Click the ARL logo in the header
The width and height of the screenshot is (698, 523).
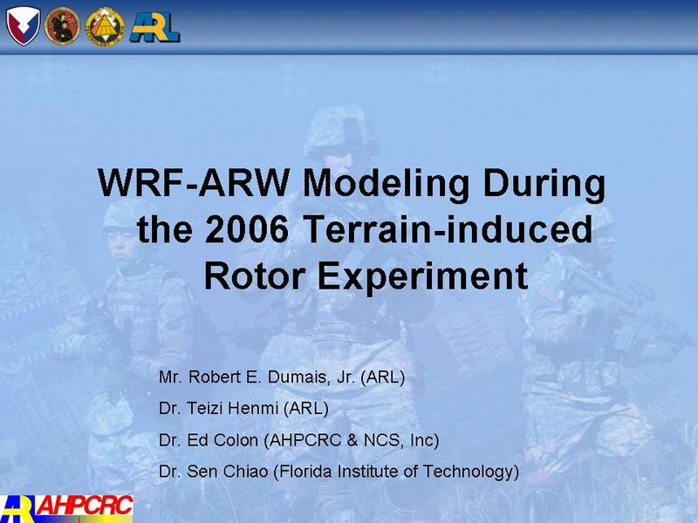click(154, 27)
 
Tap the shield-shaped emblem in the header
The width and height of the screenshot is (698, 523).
click(24, 26)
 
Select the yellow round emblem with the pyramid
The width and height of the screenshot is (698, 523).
click(105, 27)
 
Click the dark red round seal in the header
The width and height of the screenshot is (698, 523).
click(62, 26)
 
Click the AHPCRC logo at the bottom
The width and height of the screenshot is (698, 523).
click(67, 508)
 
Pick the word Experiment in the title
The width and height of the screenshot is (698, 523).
click(423, 277)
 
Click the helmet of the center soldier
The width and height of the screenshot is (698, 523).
click(339, 130)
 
